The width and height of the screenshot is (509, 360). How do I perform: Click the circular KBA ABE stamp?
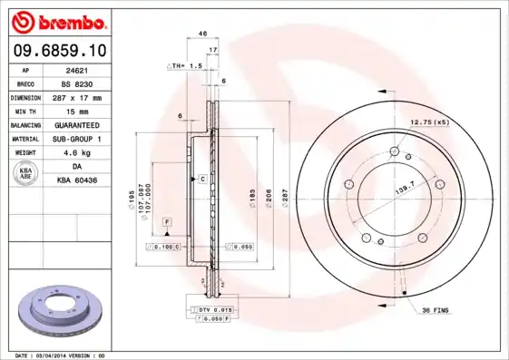(26, 175)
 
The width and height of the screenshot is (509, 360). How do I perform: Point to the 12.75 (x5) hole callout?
(429, 122)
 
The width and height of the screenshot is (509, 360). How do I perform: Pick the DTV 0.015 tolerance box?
(211, 310)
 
